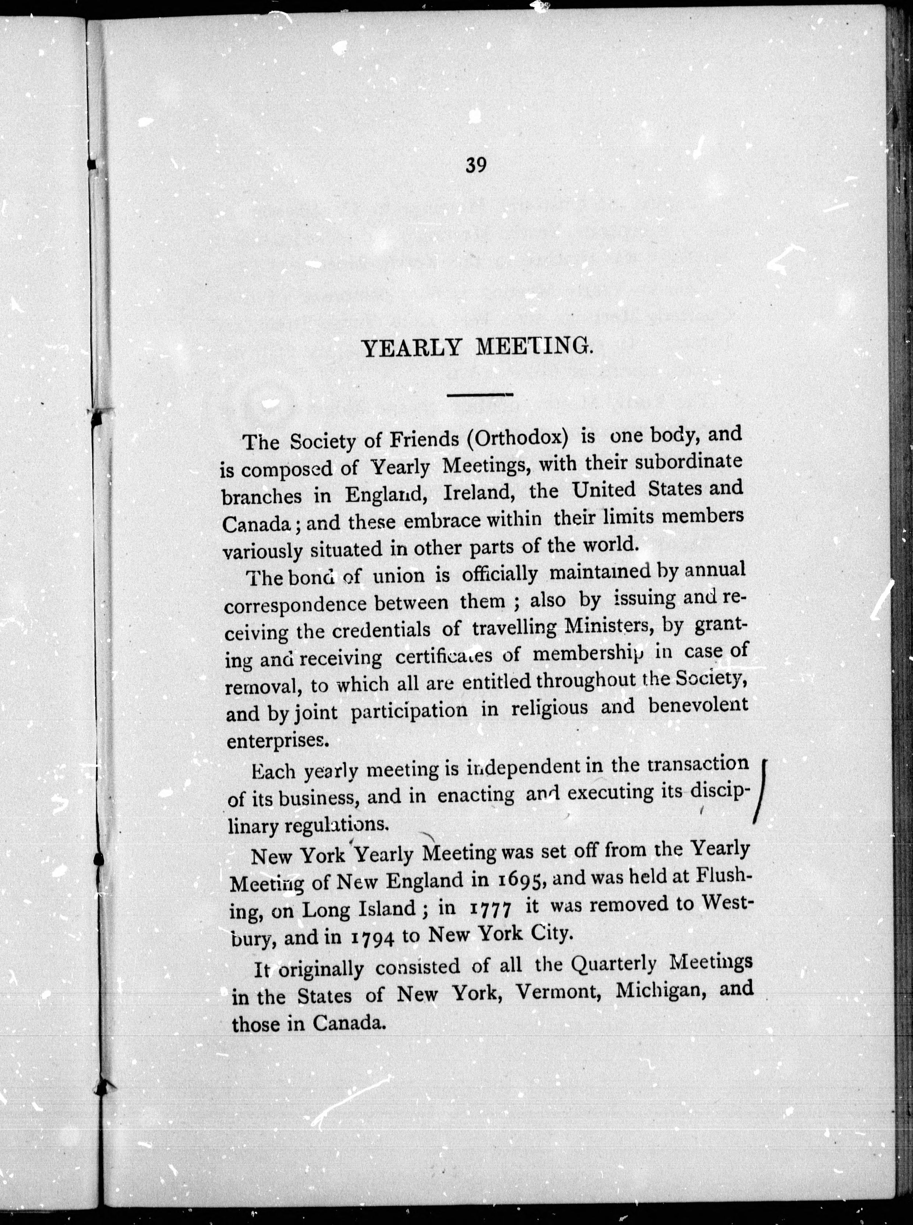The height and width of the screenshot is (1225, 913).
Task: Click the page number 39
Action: point(475,165)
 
